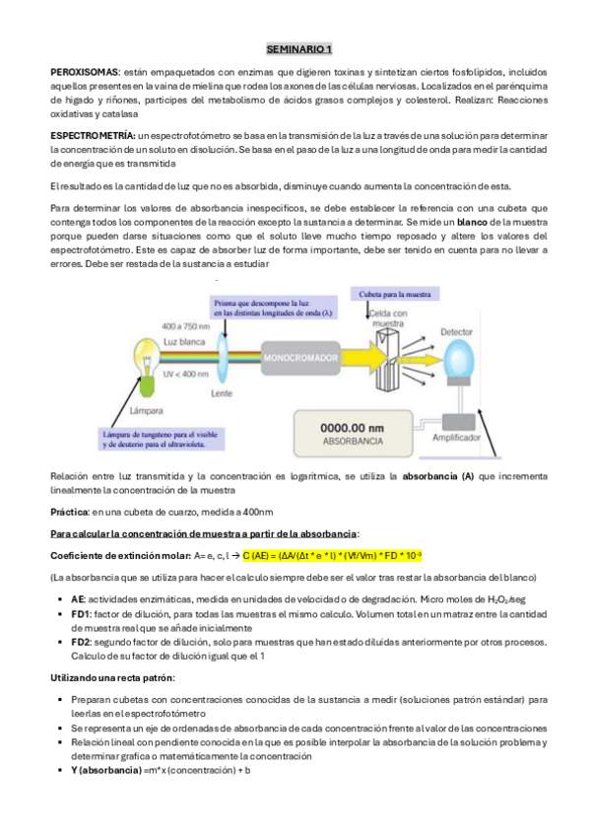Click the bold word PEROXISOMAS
(x=84, y=74)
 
